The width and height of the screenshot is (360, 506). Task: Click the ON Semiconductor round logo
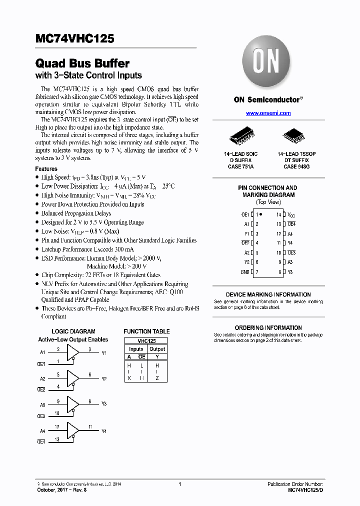click(267, 62)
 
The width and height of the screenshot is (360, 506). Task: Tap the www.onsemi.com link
click(268, 113)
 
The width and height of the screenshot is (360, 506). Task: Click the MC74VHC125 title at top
click(75, 38)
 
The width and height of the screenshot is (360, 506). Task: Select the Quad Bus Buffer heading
click(82, 63)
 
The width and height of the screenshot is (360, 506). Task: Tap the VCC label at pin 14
click(291, 214)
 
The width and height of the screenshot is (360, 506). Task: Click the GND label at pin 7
click(245, 272)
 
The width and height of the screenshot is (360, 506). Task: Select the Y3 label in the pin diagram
click(290, 272)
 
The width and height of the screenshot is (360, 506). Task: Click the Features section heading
click(46, 169)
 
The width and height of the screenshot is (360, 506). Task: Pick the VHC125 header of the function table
click(146, 340)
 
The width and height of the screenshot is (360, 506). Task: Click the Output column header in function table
click(157, 349)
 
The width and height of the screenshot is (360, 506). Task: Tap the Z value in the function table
click(157, 378)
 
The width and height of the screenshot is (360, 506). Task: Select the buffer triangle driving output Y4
click(73, 430)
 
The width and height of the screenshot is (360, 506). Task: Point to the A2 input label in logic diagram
click(42, 378)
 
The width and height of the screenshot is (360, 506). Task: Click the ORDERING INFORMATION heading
click(268, 328)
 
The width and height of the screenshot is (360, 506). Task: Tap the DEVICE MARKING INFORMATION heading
click(268, 295)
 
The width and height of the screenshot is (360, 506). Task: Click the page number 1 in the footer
click(179, 484)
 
